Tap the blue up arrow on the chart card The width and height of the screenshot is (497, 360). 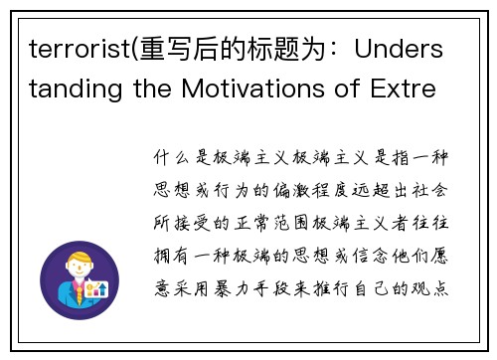(101, 288)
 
